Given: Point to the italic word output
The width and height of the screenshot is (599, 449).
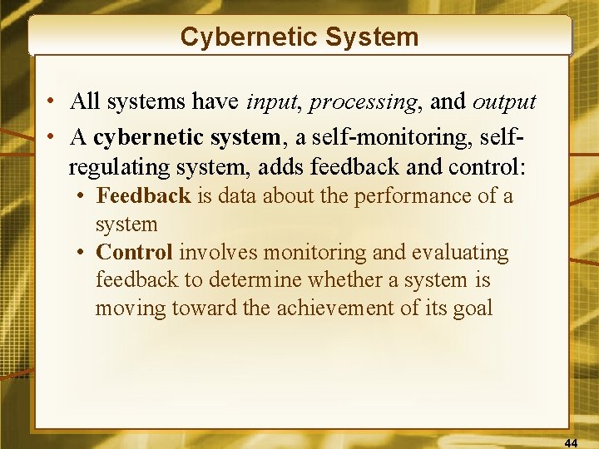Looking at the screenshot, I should (504, 102).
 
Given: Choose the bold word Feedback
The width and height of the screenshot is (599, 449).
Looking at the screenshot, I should (143, 196).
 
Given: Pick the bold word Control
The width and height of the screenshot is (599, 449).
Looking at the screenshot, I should (134, 252).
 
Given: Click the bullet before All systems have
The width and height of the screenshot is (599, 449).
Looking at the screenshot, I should (52, 103).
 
